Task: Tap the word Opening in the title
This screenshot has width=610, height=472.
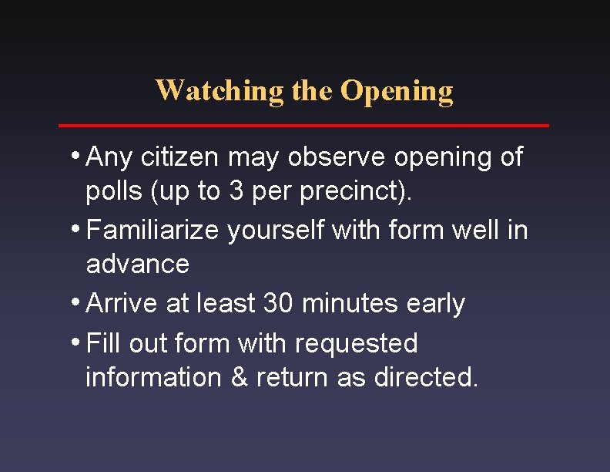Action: tap(397, 91)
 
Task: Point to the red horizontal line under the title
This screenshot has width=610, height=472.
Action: tap(304, 125)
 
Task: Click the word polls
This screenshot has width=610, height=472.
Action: tap(114, 192)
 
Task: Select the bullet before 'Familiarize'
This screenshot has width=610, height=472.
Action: tap(79, 229)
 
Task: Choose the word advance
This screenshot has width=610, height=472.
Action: tap(137, 264)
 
